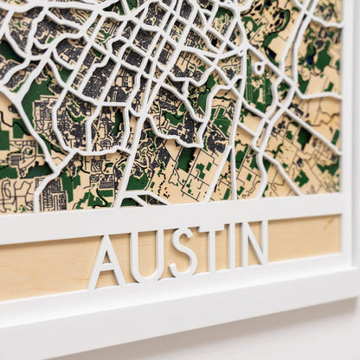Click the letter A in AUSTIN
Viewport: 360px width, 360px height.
[x=107, y=262]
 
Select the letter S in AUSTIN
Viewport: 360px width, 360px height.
[x=183, y=251]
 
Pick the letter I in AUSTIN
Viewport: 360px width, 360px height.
[x=231, y=245]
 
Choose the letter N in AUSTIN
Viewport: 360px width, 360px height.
[x=254, y=242]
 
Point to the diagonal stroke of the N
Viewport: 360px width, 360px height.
[x=254, y=243]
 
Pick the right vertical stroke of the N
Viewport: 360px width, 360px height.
[x=264, y=241]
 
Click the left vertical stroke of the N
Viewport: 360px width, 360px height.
[x=244, y=245]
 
